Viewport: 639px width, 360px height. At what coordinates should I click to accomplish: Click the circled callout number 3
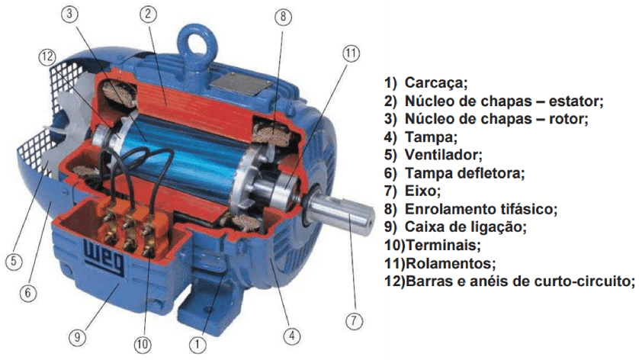click(69, 14)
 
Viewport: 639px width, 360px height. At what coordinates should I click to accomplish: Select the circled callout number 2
click(148, 14)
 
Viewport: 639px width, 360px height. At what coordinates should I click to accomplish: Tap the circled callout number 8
click(283, 17)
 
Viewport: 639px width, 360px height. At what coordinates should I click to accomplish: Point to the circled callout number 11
click(351, 53)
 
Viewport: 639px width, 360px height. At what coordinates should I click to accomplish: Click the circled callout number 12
click(48, 56)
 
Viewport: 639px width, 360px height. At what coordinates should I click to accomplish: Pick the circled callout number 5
click(14, 261)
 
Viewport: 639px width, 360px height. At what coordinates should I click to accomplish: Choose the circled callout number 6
click(27, 292)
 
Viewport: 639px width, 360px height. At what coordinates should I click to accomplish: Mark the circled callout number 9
click(77, 336)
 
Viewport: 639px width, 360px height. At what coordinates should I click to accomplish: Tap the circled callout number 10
click(143, 345)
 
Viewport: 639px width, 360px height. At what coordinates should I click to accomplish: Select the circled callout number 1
click(197, 345)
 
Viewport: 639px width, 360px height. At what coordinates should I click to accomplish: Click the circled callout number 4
click(292, 336)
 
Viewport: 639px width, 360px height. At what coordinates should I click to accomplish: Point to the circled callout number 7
click(354, 321)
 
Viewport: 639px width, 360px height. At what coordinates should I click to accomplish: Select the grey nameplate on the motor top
click(241, 86)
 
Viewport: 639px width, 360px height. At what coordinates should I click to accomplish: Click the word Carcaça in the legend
click(435, 83)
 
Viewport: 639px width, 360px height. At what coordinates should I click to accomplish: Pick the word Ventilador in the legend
click(443, 155)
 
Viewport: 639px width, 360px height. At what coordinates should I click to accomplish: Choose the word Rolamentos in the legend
click(451, 263)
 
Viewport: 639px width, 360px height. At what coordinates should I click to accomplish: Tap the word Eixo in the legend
click(422, 191)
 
